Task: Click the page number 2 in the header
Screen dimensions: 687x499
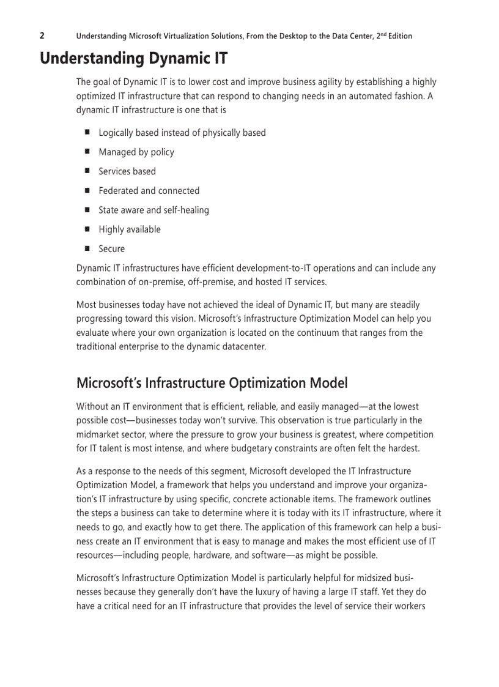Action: pyautogui.click(x=42, y=35)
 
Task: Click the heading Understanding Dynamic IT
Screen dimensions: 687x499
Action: pyautogui.click(x=134, y=59)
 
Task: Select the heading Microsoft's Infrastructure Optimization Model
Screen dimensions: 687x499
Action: pyautogui.click(x=212, y=383)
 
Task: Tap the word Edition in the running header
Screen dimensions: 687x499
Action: pyautogui.click(x=397, y=36)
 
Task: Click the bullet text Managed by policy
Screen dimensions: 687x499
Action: pyautogui.click(x=136, y=152)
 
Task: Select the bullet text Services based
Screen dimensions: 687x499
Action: pyautogui.click(x=127, y=171)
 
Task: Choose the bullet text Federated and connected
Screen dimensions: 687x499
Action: pyautogui.click(x=149, y=191)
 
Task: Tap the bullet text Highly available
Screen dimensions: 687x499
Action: pyautogui.click(x=130, y=229)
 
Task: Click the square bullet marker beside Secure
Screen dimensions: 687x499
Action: pyautogui.click(x=87, y=248)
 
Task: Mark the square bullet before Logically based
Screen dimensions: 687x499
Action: pyautogui.click(x=87, y=132)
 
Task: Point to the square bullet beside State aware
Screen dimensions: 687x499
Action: pyautogui.click(x=87, y=210)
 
